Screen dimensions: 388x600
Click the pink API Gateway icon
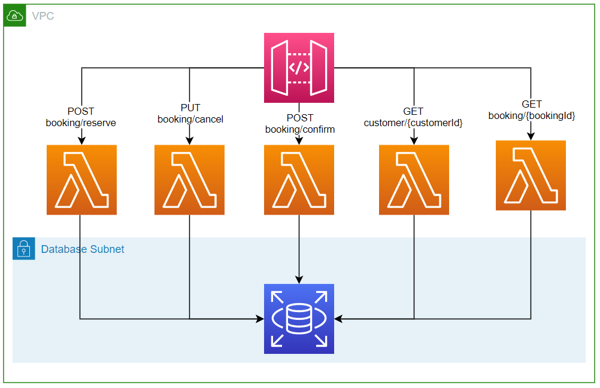tap(299, 68)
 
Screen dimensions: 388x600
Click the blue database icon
tap(299, 319)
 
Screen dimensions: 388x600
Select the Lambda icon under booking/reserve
tap(81, 179)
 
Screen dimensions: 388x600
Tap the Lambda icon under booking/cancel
tap(189, 179)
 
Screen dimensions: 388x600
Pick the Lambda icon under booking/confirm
tap(299, 179)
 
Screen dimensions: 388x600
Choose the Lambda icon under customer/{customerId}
tap(414, 179)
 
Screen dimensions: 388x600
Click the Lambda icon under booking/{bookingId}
tap(531, 175)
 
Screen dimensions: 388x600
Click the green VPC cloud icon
tap(14, 16)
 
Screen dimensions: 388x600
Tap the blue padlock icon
tap(23, 249)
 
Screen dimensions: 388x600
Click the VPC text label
tap(43, 16)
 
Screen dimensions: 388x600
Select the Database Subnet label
tap(83, 249)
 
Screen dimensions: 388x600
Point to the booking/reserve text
tap(81, 123)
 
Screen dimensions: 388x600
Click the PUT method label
tap(190, 108)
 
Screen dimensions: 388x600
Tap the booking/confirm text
tap(300, 129)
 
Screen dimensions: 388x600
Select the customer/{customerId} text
tap(413, 123)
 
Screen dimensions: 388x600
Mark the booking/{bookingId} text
tap(532, 116)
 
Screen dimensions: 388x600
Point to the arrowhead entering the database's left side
tap(260, 319)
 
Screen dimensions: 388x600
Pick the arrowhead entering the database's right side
tap(338, 319)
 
